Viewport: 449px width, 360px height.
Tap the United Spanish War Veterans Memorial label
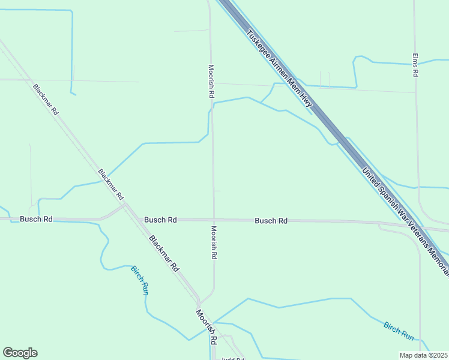(405, 221)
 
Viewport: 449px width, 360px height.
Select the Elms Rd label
(415, 65)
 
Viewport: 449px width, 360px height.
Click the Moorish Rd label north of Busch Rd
(211, 82)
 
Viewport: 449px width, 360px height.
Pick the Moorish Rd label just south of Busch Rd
(214, 242)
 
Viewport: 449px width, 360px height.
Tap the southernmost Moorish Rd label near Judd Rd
(205, 327)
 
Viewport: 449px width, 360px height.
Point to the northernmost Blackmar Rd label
(46, 99)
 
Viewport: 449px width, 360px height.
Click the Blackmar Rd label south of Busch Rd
(164, 254)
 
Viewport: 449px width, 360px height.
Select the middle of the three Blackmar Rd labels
(111, 184)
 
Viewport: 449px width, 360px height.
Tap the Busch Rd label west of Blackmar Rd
(36, 219)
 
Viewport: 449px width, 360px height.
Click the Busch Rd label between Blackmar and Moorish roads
(160, 220)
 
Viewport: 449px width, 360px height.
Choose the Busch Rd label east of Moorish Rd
(271, 221)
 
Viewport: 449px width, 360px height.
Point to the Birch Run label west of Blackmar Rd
(139, 280)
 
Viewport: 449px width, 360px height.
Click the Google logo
(20, 353)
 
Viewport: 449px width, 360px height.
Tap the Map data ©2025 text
(424, 355)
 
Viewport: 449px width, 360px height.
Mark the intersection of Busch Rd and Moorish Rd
(214, 220)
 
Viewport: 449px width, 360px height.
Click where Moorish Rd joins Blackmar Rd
(198, 302)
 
